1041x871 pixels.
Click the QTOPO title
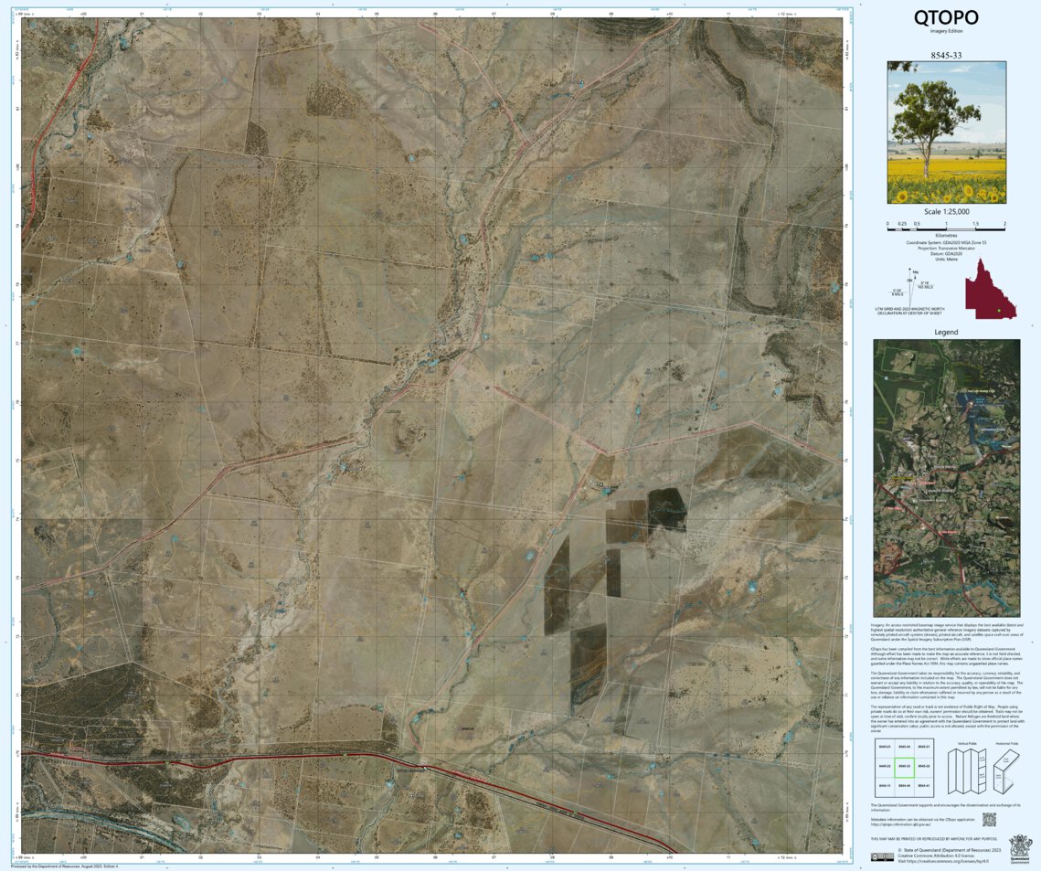(946, 17)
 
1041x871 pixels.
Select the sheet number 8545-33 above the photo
(946, 55)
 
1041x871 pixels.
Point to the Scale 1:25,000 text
(947, 212)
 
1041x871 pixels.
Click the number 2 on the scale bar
(1004, 225)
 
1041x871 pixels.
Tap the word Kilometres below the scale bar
(946, 235)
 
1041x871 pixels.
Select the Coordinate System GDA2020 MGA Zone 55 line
(946, 241)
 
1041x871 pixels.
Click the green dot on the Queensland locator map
(1000, 312)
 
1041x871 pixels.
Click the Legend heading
(946, 332)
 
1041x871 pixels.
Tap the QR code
(988, 820)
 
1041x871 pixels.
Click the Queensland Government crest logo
(1018, 845)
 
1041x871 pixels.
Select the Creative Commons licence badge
(882, 856)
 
